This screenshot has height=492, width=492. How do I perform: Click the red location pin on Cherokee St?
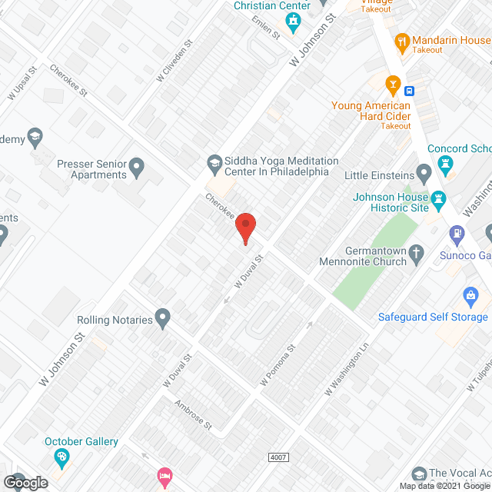pos(245,228)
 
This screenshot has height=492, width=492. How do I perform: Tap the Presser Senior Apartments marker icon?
pos(137,165)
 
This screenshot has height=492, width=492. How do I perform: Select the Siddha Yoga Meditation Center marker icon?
pos(214,162)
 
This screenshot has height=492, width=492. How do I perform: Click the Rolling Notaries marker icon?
pos(162,316)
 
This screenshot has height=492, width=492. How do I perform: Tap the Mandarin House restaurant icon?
pos(401,41)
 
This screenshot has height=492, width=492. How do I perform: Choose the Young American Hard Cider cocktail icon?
pos(394,82)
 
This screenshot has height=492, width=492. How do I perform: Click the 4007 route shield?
pos(279,457)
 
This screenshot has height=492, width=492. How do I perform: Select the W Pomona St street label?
pos(278,370)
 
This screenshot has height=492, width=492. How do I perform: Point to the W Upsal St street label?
pos(22,83)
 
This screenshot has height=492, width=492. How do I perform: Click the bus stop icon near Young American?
pos(411,90)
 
